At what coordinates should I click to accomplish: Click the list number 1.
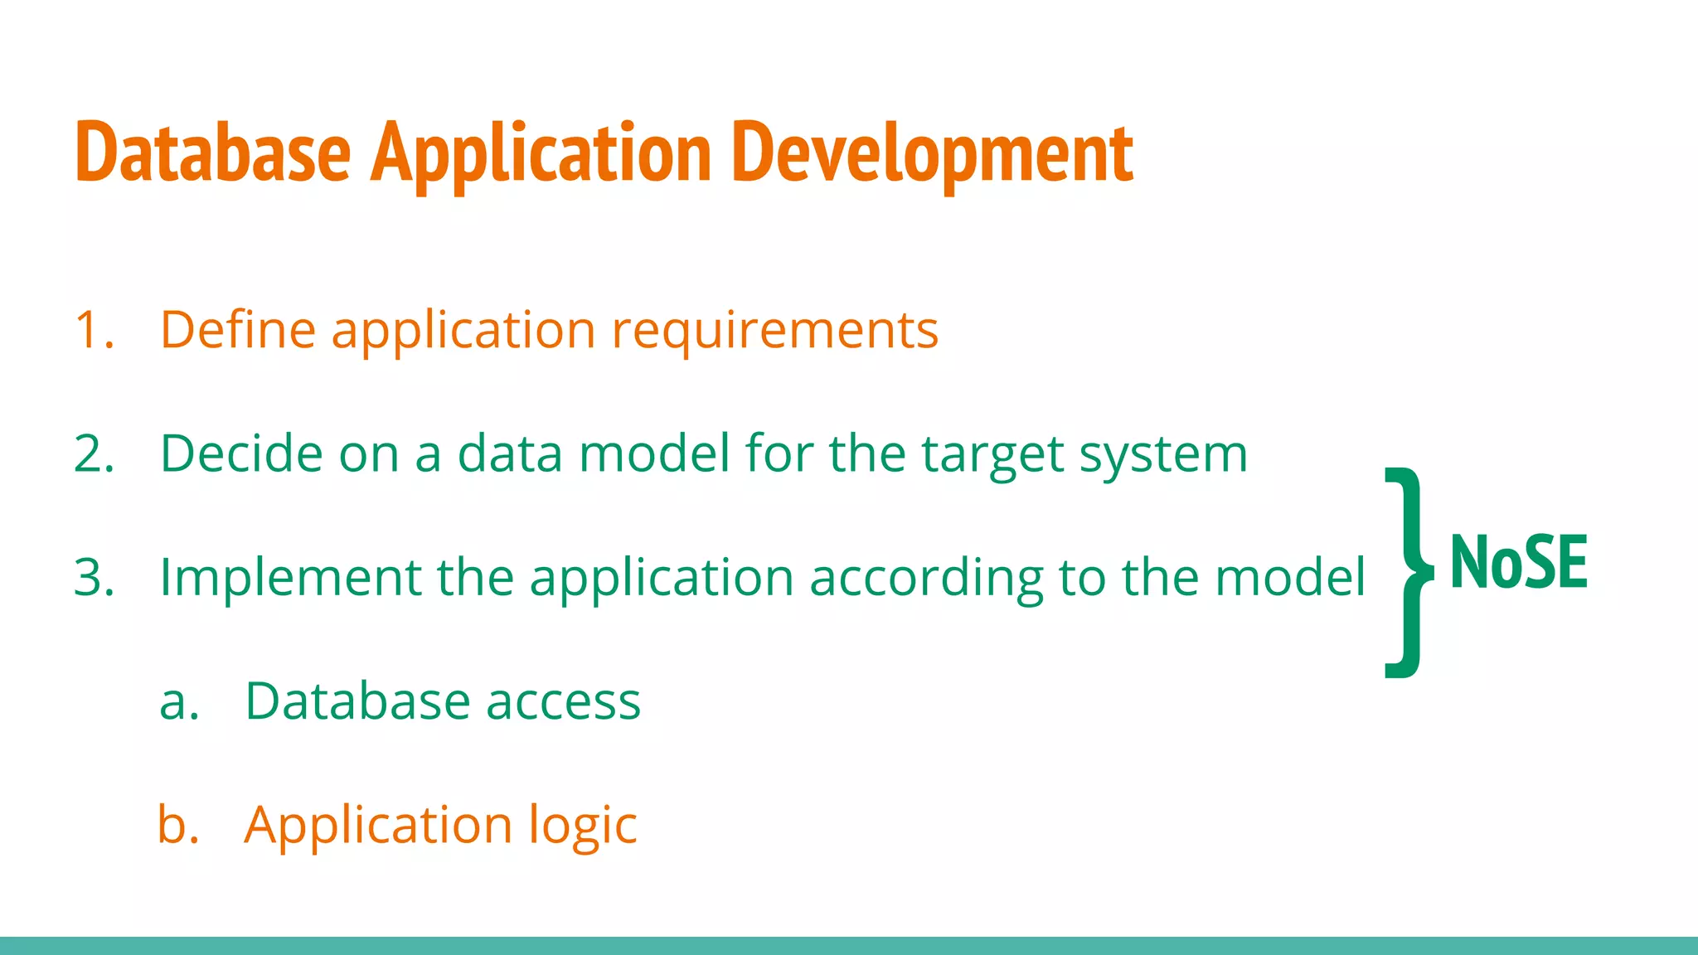pyautogui.click(x=93, y=330)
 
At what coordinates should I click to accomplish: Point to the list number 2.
pyautogui.click(x=93, y=454)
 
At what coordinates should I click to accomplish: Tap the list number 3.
pyautogui.click(x=93, y=578)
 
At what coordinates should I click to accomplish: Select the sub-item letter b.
pyautogui.click(x=178, y=825)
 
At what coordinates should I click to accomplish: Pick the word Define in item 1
pyautogui.click(x=238, y=329)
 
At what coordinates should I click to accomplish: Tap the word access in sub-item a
pyautogui.click(x=563, y=703)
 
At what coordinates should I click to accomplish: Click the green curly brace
pyautogui.click(x=1407, y=572)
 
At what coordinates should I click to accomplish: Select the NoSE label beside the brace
pyautogui.click(x=1519, y=563)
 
